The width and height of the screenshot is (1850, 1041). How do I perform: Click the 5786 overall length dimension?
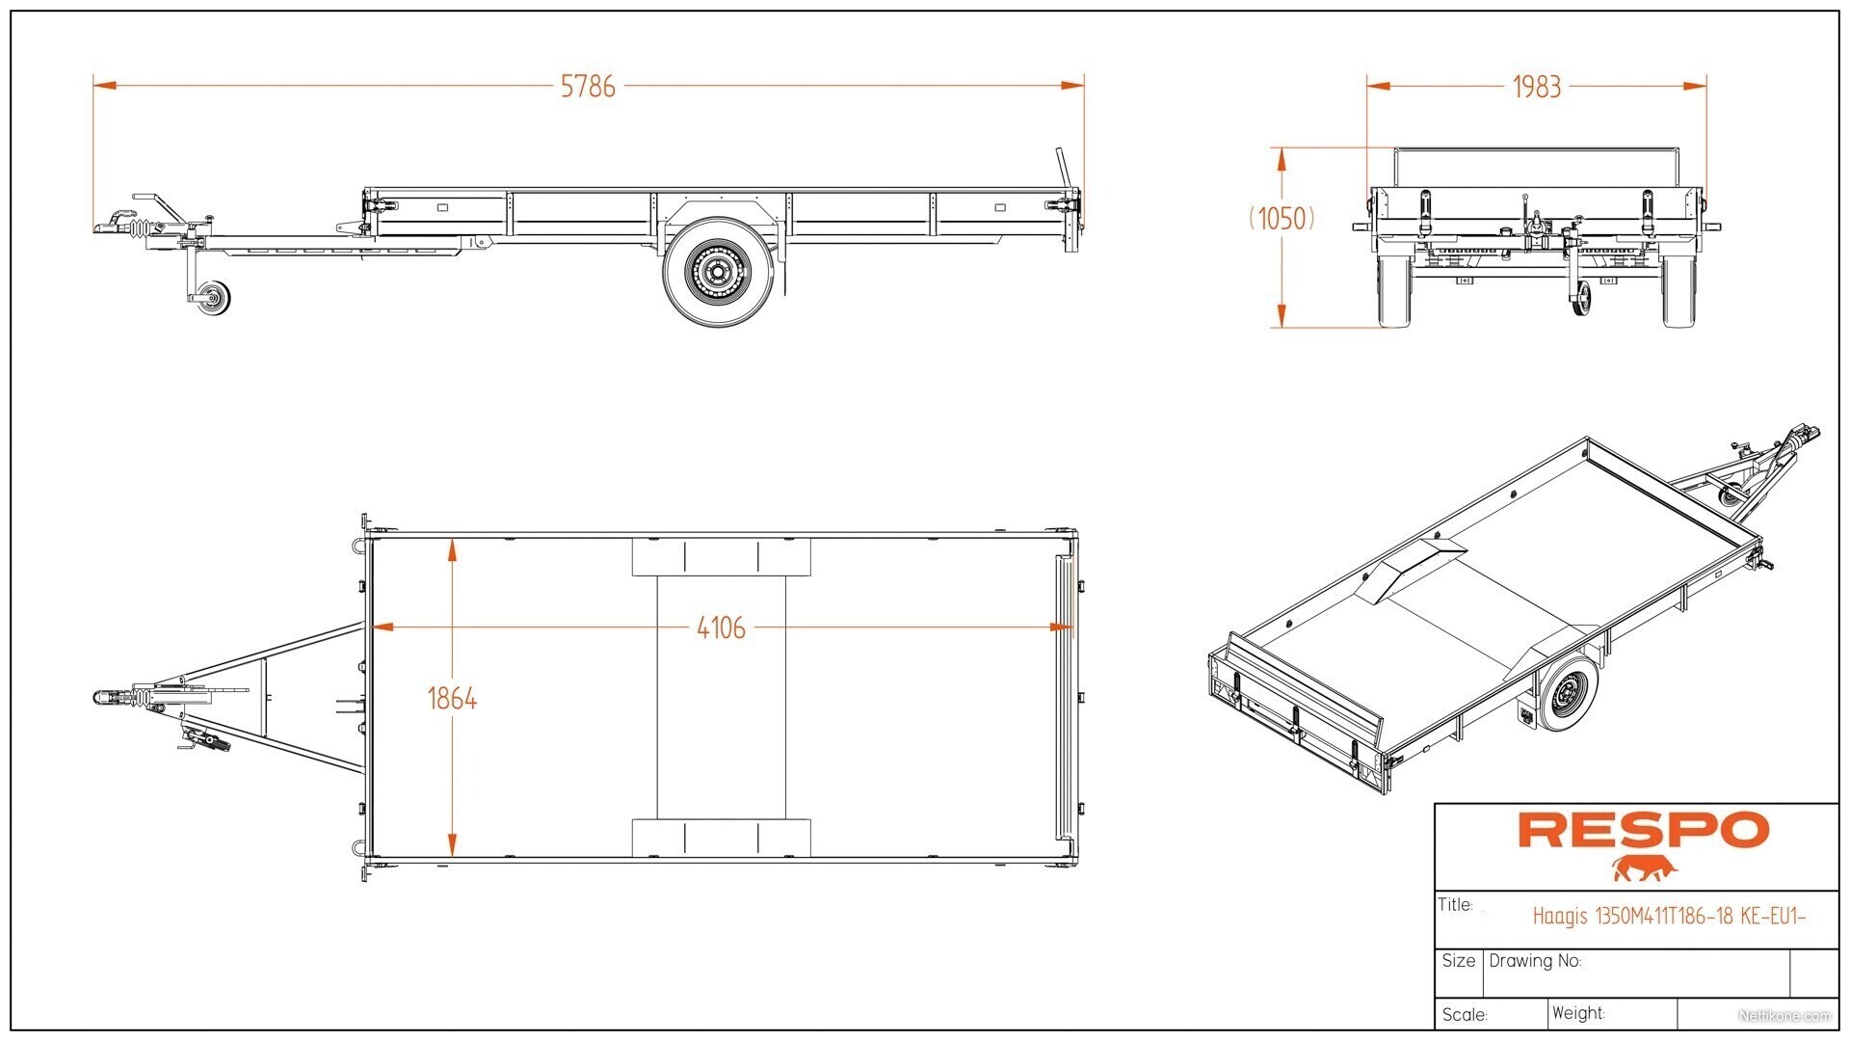click(x=588, y=86)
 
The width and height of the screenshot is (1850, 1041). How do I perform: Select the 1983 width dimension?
click(x=1536, y=87)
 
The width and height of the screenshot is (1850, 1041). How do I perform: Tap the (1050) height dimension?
click(x=1282, y=219)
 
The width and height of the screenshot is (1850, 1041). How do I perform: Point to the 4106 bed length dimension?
click(x=721, y=627)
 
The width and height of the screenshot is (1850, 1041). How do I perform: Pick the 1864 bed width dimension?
click(x=452, y=698)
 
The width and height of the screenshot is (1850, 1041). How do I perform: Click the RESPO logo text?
click(x=1644, y=830)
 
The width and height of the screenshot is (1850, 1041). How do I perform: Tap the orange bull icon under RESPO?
click(x=1646, y=867)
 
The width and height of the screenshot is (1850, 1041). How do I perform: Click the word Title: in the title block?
click(x=1456, y=905)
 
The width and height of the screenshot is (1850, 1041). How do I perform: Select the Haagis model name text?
click(x=1669, y=916)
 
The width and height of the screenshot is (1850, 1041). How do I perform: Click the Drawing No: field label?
click(x=1535, y=961)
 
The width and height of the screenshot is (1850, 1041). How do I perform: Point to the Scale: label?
click(x=1465, y=1014)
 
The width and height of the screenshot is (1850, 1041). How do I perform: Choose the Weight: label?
click(x=1578, y=1013)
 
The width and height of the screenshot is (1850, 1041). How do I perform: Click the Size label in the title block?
click(x=1459, y=961)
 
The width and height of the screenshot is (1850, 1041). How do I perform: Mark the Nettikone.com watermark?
click(x=1784, y=1015)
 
